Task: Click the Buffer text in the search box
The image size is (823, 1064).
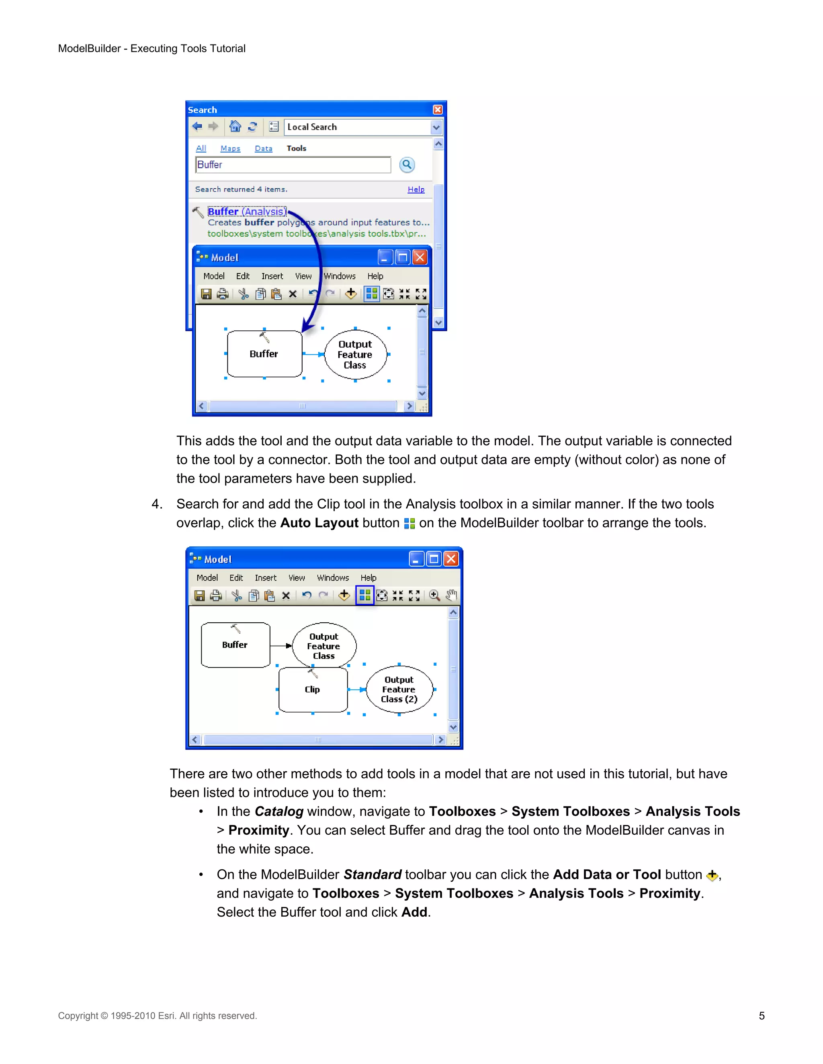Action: (x=210, y=165)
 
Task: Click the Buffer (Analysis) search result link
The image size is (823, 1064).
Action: (x=247, y=212)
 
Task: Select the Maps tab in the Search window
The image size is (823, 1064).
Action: (x=230, y=148)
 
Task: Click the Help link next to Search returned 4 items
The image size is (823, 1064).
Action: (x=416, y=189)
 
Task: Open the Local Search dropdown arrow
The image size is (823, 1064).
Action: (x=436, y=127)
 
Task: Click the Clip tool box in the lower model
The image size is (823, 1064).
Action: (x=313, y=690)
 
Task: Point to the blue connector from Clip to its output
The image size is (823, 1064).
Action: (x=356, y=689)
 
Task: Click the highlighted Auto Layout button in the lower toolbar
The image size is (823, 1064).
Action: (x=365, y=595)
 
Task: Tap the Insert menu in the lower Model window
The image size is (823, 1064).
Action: (x=265, y=578)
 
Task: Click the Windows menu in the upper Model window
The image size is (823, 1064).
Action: (x=340, y=276)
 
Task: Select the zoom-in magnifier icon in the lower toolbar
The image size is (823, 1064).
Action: (x=434, y=595)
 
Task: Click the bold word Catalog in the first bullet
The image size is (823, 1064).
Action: (x=279, y=811)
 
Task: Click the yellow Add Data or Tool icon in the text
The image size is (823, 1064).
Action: (x=712, y=875)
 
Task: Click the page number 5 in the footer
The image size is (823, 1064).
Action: (x=762, y=1016)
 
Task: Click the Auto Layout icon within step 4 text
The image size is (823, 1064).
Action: (x=409, y=523)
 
